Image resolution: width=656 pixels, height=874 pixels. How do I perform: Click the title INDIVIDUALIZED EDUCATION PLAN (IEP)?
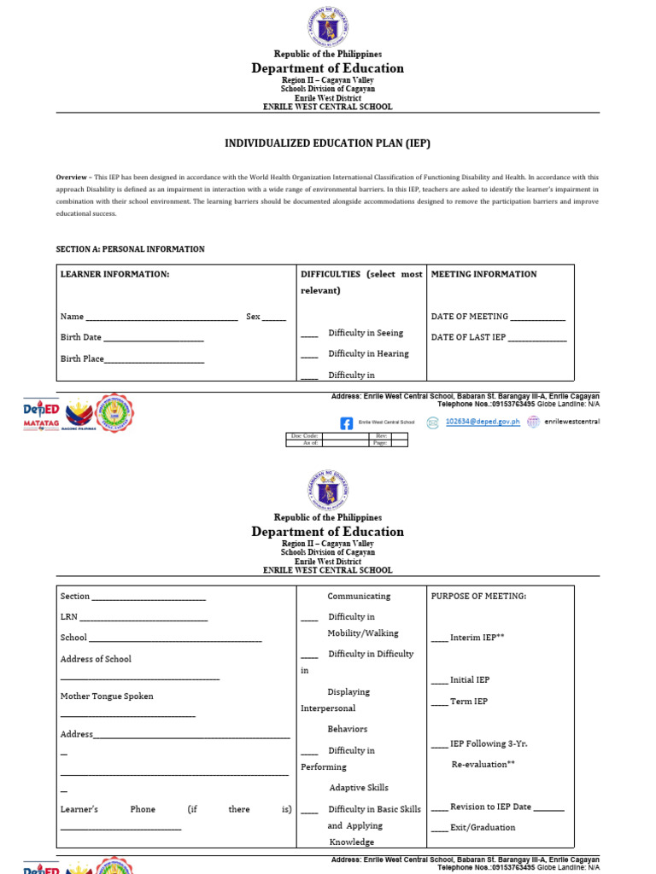[327, 143]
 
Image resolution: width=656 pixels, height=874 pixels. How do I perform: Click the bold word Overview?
[73, 177]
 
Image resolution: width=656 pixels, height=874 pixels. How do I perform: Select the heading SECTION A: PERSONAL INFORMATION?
[131, 249]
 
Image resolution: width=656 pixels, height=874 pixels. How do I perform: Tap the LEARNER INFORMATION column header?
[114, 274]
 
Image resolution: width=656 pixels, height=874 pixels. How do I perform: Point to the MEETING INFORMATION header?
[483, 274]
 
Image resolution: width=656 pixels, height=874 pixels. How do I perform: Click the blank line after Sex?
[274, 318]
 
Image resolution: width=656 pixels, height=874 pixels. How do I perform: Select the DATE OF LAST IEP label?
[468, 337]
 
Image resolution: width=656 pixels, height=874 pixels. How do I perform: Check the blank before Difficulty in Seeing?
[309, 335]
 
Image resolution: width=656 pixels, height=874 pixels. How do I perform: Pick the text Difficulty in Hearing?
[368, 353]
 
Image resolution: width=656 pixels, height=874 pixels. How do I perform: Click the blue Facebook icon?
[346, 422]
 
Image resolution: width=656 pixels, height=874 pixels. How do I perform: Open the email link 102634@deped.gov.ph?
[483, 422]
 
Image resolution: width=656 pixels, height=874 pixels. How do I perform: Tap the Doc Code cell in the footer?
[305, 435]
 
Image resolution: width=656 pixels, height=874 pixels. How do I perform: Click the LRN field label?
[68, 617]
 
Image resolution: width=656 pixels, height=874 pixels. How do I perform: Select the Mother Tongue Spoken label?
[107, 696]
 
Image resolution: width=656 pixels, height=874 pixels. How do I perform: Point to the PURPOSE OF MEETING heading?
[478, 596]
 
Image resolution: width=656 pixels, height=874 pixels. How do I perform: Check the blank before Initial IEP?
[439, 681]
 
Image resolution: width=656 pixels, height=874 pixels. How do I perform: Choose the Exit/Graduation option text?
[483, 827]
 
